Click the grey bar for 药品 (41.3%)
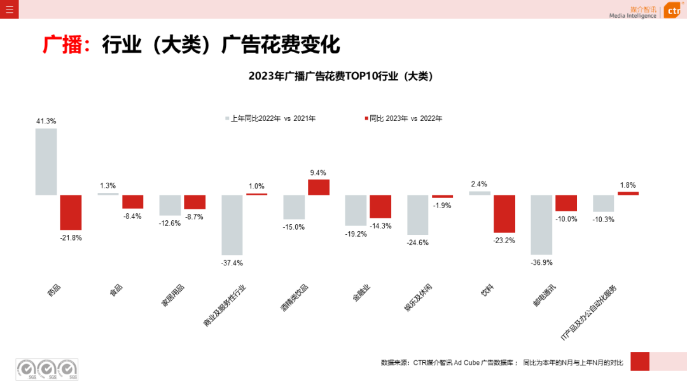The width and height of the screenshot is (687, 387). (46, 162)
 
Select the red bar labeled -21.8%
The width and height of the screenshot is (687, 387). (71, 212)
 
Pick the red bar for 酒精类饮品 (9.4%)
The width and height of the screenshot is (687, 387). (319, 187)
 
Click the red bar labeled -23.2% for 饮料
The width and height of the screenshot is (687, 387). (504, 214)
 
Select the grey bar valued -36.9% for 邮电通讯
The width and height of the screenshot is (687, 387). (541, 225)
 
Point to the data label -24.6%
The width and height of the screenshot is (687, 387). (418, 243)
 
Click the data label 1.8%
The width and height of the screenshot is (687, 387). (627, 185)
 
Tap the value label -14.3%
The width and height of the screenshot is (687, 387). (380, 226)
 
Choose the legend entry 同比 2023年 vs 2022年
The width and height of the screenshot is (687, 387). (405, 118)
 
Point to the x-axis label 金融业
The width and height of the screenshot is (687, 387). (361, 293)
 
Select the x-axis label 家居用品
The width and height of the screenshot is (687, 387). (172, 296)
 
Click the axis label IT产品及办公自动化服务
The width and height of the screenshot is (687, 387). (588, 313)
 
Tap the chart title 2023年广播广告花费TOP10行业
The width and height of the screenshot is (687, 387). (340, 76)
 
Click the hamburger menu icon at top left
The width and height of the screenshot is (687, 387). (9, 9)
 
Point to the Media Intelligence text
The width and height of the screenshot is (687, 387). (632, 16)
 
